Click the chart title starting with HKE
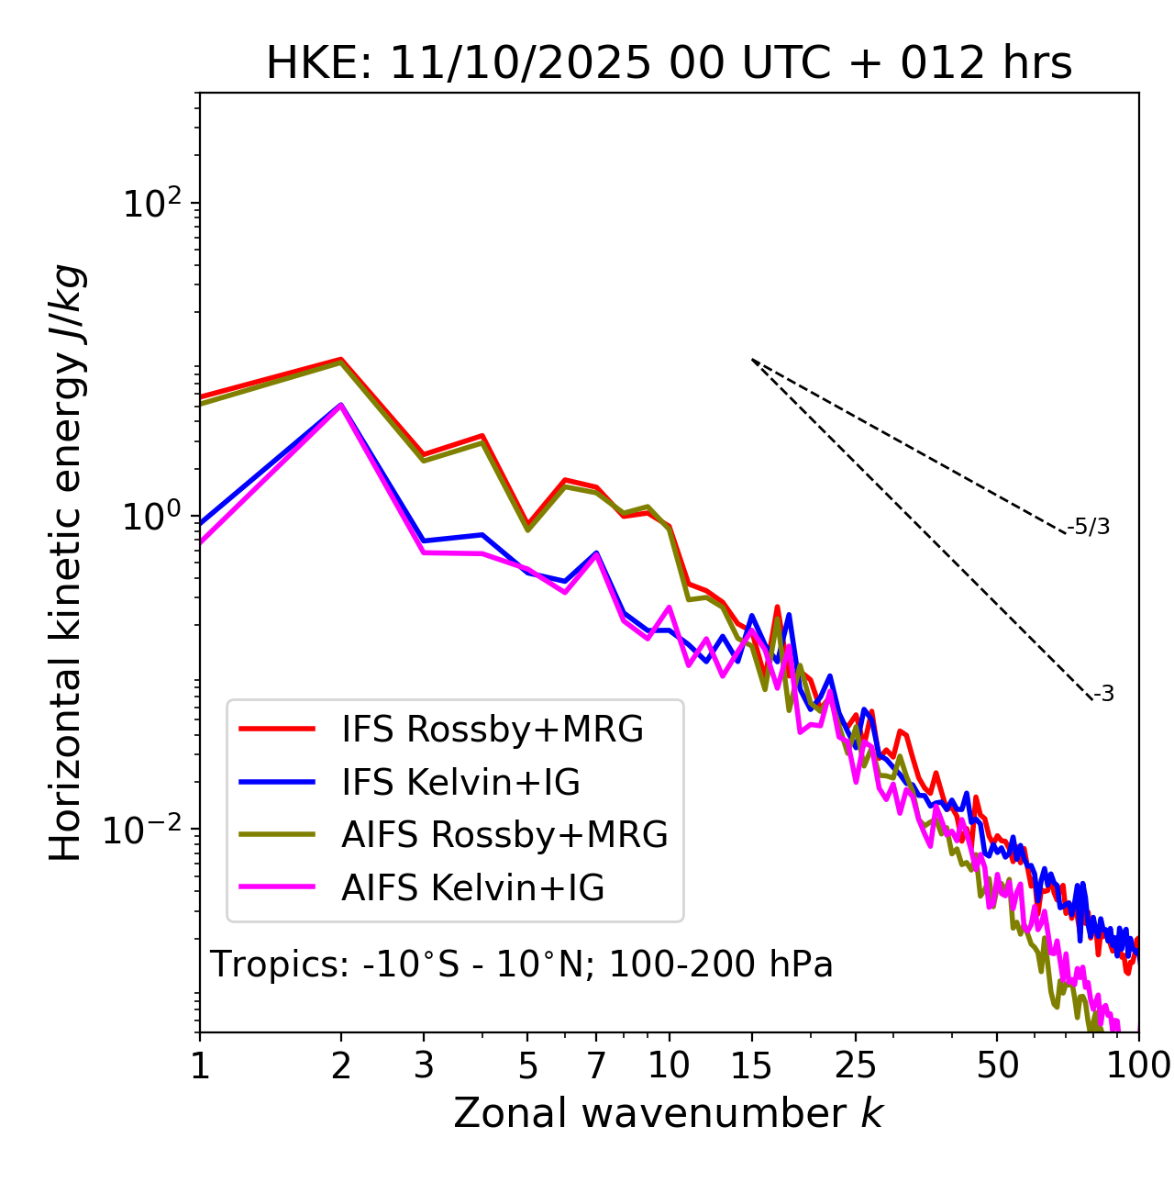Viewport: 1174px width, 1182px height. coord(669,64)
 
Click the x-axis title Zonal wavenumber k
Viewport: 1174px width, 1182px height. coord(668,1113)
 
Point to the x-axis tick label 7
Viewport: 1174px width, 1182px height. coord(596,1065)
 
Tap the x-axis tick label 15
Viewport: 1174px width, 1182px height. coord(751,1065)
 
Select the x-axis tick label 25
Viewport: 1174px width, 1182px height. coord(856,1065)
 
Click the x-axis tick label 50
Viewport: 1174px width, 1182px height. coord(997,1065)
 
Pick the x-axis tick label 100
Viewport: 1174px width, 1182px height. coord(1138,1065)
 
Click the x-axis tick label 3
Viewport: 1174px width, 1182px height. coord(424,1065)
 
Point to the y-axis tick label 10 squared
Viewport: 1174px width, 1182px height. coord(152,203)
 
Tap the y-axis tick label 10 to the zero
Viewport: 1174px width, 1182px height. coord(152,516)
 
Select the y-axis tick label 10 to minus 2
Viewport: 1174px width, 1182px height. coord(147,829)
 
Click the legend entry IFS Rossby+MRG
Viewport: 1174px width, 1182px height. coord(493,730)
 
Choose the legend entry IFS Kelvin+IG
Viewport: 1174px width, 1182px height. coord(460,783)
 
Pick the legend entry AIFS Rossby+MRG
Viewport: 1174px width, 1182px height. coord(504,835)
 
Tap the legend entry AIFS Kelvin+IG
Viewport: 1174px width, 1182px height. coord(472,888)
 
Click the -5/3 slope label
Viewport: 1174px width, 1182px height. coord(1089,527)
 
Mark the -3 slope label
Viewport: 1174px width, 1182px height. coord(1104,694)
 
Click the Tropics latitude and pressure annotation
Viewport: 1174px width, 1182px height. coord(521,965)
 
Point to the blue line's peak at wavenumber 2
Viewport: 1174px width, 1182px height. coord(341,405)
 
